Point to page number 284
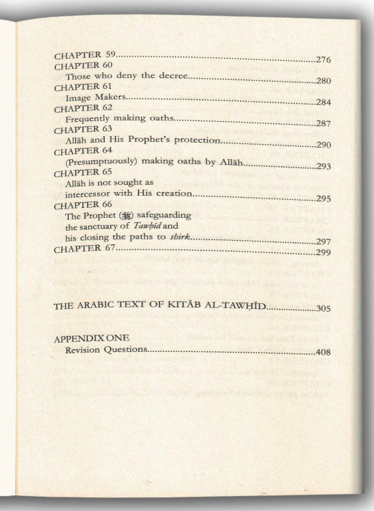click(x=326, y=102)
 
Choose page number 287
click(x=326, y=123)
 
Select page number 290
click(x=326, y=145)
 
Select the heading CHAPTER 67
click(x=85, y=250)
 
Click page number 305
click(x=326, y=308)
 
